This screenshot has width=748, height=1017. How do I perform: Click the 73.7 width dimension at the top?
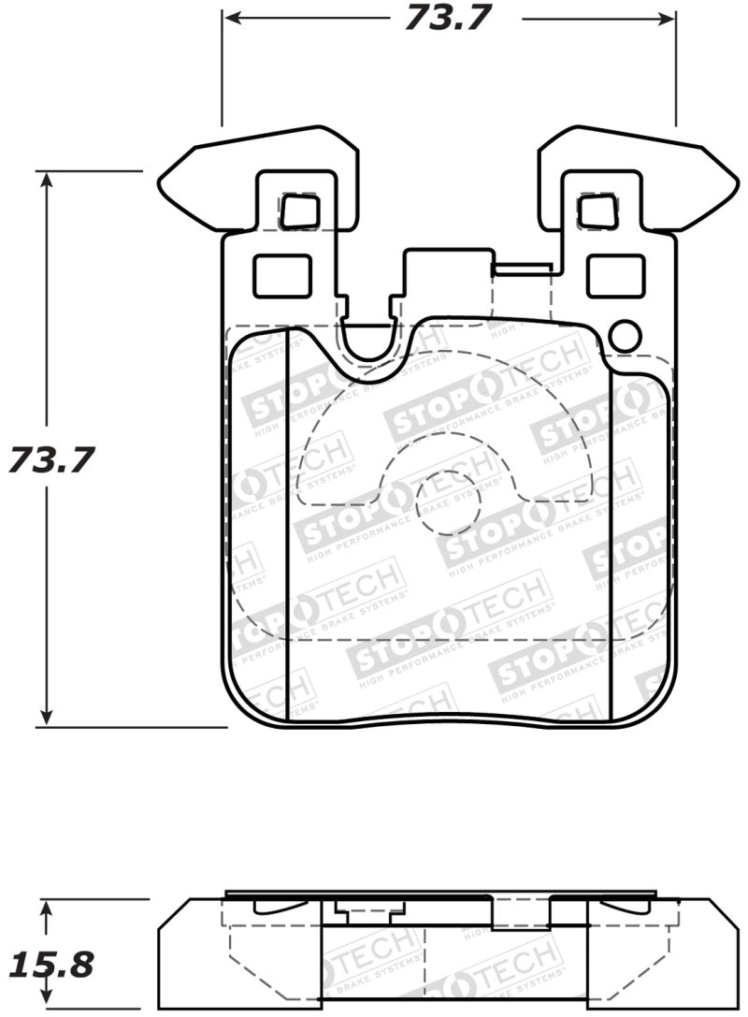[448, 18]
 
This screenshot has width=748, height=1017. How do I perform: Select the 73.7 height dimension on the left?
[51, 460]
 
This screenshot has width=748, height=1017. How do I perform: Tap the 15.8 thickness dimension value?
[51, 965]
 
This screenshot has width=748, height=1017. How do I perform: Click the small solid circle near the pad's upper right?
[624, 335]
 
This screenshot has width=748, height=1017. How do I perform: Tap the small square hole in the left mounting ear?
[299, 211]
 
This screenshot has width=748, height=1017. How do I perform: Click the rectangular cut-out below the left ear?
[281, 276]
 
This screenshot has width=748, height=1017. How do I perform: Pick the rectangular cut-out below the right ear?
[615, 276]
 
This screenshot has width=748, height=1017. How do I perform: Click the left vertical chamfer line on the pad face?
[286, 524]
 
